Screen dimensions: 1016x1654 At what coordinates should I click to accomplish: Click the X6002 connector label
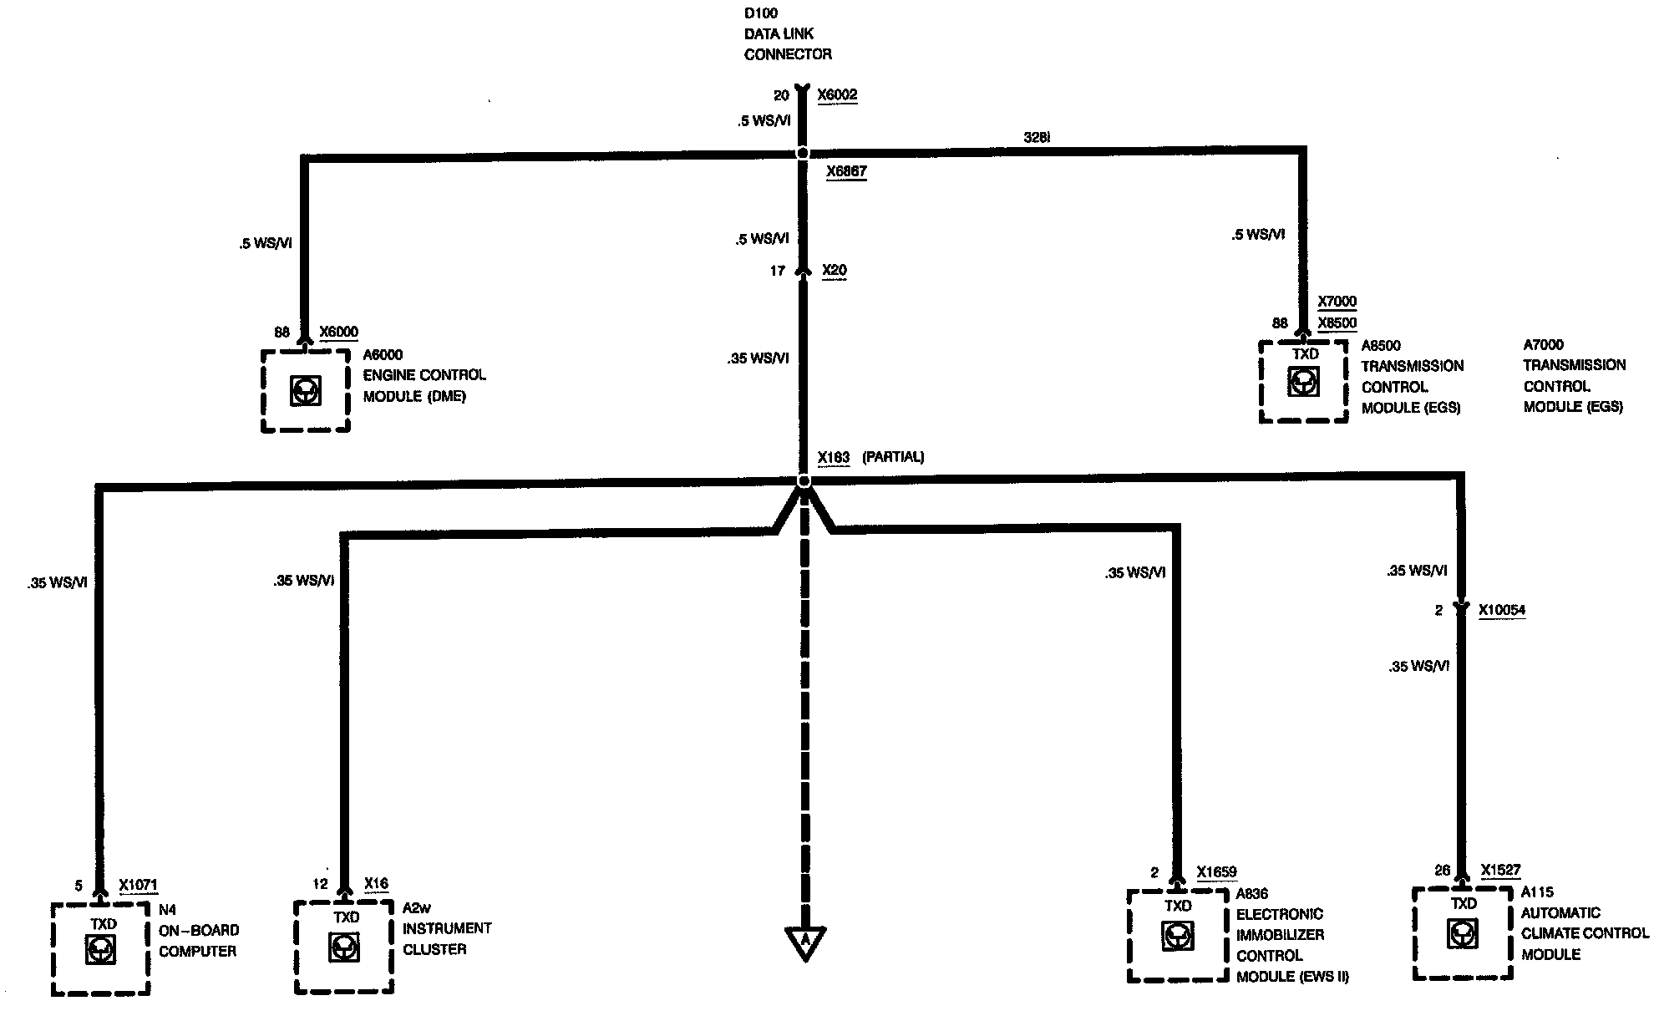tap(837, 95)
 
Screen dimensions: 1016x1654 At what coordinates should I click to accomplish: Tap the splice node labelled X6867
tap(803, 154)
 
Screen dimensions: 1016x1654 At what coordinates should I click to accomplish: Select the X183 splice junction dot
tap(804, 481)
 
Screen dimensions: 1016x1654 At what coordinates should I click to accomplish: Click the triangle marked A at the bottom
tap(804, 942)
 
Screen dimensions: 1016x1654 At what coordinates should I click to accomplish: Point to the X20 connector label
tap(834, 270)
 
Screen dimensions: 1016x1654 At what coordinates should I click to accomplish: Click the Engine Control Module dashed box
tap(305, 390)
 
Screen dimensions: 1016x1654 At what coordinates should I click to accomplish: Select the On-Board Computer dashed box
tap(101, 948)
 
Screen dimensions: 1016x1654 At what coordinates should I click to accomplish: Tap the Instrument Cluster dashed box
tap(343, 946)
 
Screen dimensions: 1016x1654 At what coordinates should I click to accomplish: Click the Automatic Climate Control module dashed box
tap(1463, 932)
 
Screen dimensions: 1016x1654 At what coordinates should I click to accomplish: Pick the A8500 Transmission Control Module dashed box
tap(1303, 381)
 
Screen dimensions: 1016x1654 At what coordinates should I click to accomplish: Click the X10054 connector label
tap(1501, 610)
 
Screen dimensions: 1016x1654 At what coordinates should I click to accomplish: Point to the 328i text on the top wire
tap(1037, 138)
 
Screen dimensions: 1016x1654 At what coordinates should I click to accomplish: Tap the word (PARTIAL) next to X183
tap(893, 457)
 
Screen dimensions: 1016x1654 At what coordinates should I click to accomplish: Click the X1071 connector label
tap(138, 885)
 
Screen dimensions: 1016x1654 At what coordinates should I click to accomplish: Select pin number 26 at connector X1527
tap(1442, 871)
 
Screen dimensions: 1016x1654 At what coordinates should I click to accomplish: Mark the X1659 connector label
tap(1216, 872)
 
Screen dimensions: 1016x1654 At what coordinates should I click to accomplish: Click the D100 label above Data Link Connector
tap(759, 13)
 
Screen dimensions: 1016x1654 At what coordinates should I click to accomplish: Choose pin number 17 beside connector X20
tap(777, 271)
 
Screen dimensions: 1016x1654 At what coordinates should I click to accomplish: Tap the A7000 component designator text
tap(1543, 344)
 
